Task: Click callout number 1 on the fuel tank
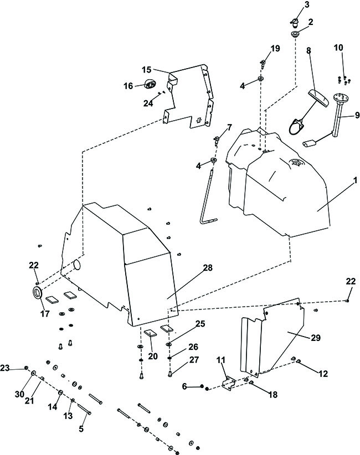(x=355, y=180)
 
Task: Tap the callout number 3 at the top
(x=307, y=4)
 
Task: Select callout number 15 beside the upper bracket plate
(x=147, y=70)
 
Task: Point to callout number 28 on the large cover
(x=208, y=267)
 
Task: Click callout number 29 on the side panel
(x=316, y=338)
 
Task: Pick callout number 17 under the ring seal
(x=45, y=313)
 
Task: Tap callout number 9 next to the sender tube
(x=357, y=115)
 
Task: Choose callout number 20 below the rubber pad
(x=153, y=356)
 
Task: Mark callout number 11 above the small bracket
(x=220, y=360)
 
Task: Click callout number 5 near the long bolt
(x=81, y=428)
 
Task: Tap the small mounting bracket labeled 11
(x=229, y=382)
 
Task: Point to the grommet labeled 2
(x=295, y=34)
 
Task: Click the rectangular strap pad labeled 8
(x=318, y=98)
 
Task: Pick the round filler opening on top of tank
(x=296, y=163)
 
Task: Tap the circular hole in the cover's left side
(x=77, y=265)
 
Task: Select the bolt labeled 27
(x=170, y=374)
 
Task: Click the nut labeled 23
(x=26, y=368)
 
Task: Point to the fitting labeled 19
(x=263, y=63)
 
